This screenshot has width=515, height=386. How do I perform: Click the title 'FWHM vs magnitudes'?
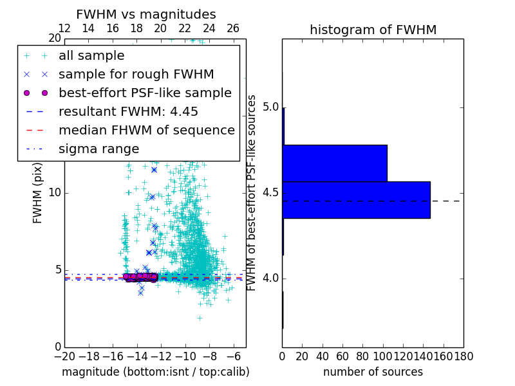click(x=146, y=15)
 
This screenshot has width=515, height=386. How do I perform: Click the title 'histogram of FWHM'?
click(x=373, y=30)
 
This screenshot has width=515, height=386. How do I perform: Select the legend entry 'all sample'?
click(x=91, y=56)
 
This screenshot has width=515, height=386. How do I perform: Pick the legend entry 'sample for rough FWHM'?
click(x=136, y=75)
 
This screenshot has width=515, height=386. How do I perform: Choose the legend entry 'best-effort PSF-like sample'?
click(x=145, y=93)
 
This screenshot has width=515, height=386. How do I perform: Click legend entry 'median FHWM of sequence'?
click(x=146, y=131)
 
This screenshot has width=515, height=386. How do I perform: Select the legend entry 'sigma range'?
click(x=98, y=149)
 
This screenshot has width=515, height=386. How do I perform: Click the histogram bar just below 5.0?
click(x=335, y=163)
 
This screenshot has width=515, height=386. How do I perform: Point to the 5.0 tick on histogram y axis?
click(x=271, y=107)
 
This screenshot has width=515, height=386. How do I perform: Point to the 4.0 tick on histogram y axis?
click(x=271, y=279)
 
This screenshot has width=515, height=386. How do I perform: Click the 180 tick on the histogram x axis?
click(x=463, y=356)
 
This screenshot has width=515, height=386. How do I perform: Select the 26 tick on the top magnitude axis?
click(x=233, y=29)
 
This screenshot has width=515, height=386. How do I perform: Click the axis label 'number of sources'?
click(x=373, y=372)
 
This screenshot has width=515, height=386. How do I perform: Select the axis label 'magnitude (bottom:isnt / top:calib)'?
click(x=155, y=372)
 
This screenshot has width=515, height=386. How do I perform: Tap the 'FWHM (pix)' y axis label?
click(x=38, y=193)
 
